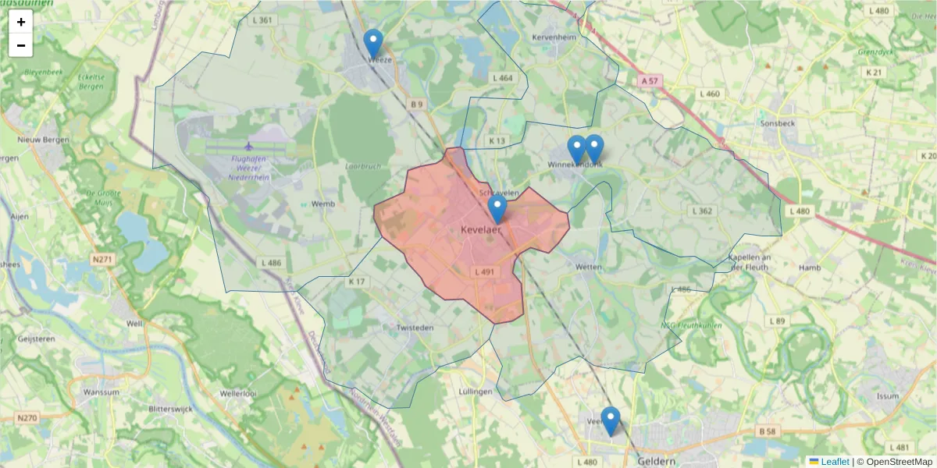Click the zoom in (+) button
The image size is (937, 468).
(21, 22)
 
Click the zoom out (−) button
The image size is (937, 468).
(21, 45)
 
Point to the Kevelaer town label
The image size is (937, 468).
(481, 230)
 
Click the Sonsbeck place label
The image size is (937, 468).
(778, 123)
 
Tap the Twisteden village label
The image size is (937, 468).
(414, 328)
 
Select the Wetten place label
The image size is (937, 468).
(588, 267)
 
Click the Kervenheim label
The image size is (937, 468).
(553, 37)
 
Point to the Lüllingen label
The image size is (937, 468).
(476, 391)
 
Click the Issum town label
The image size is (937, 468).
(888, 396)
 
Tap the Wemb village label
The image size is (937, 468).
(322, 204)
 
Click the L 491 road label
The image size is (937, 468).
(484, 272)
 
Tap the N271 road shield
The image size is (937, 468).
(102, 259)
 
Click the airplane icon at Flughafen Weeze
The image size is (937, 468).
(249, 146)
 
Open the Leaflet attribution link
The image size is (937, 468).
(834, 462)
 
